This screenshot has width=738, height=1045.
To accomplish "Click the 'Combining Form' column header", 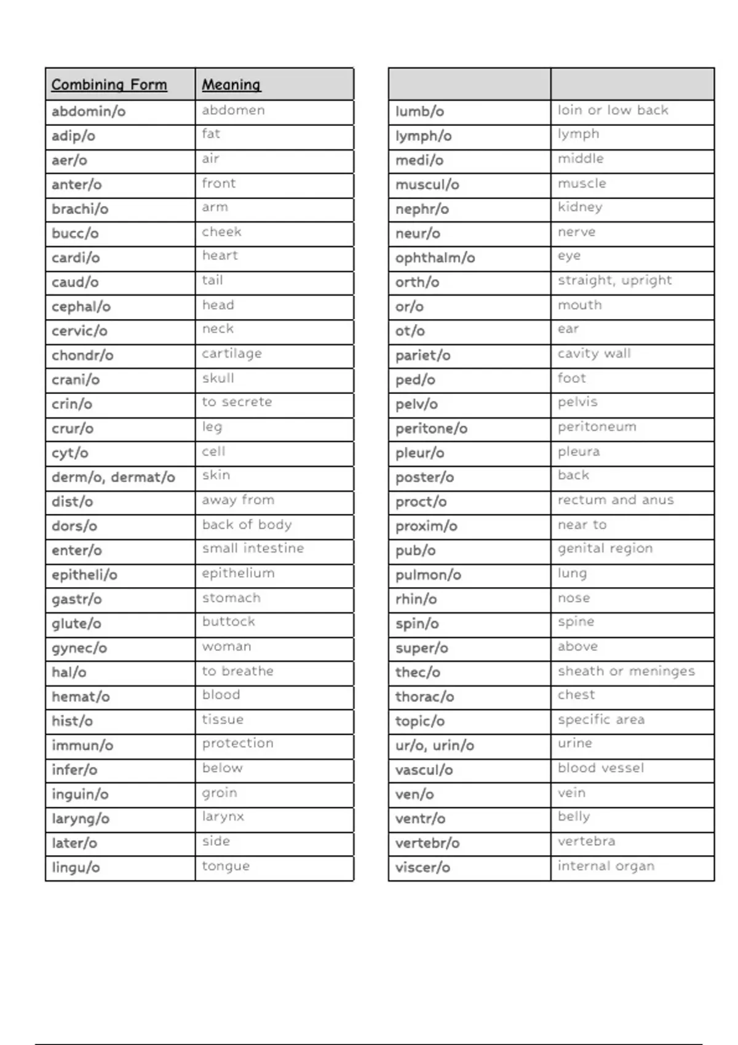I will click(x=109, y=85).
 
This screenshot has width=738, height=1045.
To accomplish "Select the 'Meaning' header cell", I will click(x=231, y=85).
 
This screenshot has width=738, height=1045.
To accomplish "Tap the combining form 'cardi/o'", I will click(x=76, y=258).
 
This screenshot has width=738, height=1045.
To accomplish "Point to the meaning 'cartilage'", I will click(x=232, y=353).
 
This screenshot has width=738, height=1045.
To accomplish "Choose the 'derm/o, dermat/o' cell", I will click(x=113, y=477).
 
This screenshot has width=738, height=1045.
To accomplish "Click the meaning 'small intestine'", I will click(x=253, y=548).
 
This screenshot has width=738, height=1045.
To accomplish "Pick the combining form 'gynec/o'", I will click(x=79, y=648).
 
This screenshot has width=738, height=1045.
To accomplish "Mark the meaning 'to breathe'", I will click(x=237, y=671).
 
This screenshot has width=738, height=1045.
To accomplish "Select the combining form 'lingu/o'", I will click(x=76, y=867).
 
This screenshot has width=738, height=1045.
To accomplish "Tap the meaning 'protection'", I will click(x=237, y=743).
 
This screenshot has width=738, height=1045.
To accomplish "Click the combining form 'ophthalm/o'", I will click(x=435, y=258).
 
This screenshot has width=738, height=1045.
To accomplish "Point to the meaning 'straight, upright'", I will click(x=614, y=280).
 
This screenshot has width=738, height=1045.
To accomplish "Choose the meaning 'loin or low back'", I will click(x=613, y=110).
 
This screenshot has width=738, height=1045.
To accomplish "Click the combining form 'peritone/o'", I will click(x=431, y=428).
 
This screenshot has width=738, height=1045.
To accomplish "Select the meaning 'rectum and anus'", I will click(x=616, y=500).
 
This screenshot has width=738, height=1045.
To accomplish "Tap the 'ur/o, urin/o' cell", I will click(x=434, y=746).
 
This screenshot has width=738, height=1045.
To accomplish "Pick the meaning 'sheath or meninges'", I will click(x=626, y=671).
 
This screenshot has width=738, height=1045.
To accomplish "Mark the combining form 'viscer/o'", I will click(x=423, y=867).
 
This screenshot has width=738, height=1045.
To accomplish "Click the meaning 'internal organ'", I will click(x=606, y=866).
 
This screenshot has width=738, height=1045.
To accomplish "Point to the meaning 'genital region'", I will click(x=605, y=548).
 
